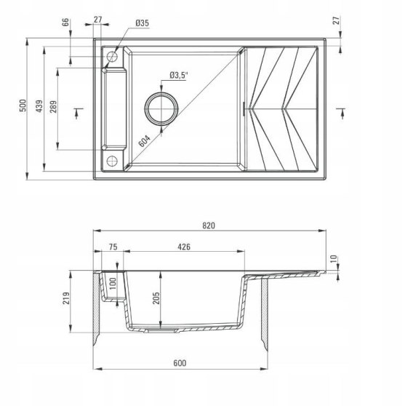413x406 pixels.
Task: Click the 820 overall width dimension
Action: tap(209, 226)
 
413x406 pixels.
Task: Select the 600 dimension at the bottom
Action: tap(180, 363)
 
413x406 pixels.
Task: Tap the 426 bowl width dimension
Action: tap(184, 247)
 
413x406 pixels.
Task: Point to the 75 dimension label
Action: tap(113, 247)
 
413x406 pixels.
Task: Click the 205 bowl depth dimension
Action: tap(156, 298)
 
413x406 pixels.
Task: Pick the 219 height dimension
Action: tap(66, 298)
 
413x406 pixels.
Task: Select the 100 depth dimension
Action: tap(113, 284)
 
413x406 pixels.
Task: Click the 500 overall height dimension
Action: tap(23, 106)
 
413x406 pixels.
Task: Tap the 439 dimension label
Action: tap(39, 106)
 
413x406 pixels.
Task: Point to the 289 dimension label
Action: tap(54, 106)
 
